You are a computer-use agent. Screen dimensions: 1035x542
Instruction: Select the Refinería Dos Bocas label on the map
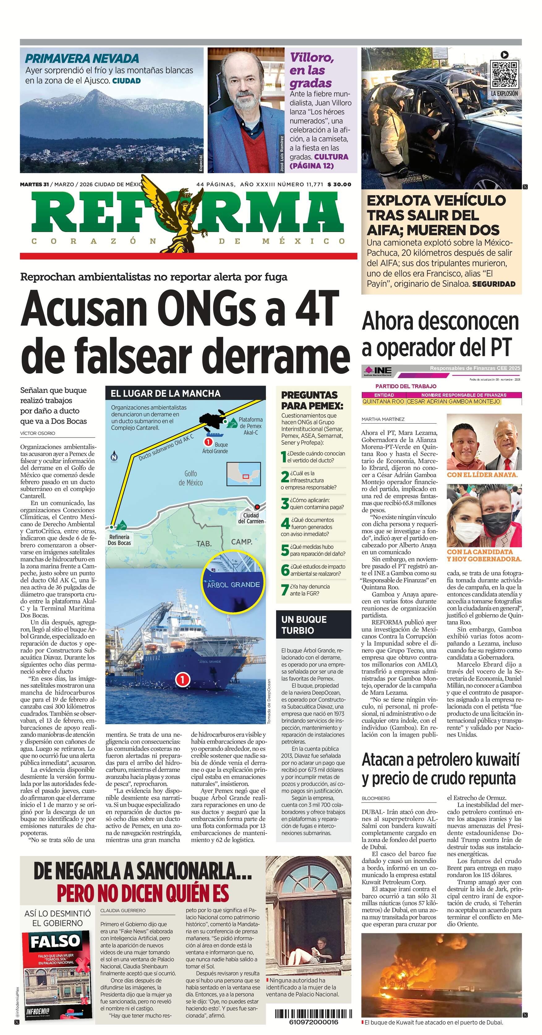[x=119, y=540]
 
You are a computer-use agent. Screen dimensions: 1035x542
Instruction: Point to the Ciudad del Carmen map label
[x=251, y=518]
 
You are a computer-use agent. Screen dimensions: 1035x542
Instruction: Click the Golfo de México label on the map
[x=190, y=478]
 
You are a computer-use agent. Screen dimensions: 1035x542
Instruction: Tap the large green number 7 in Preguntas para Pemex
[x=285, y=590]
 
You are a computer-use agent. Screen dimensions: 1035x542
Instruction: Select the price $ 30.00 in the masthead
[x=339, y=184]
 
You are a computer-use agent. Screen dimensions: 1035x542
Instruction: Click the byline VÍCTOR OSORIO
[x=38, y=433]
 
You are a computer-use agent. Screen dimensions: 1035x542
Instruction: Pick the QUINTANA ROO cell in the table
[x=383, y=401]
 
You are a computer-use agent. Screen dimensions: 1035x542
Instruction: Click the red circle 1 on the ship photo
[x=182, y=679]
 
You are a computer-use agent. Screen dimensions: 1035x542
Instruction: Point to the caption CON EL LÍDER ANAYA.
[x=482, y=474]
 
